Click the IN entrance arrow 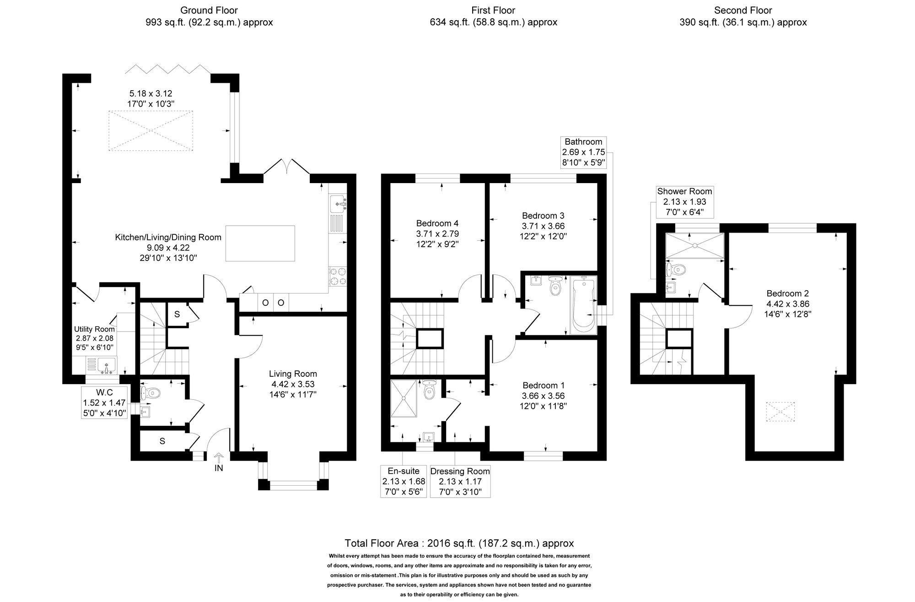[x=219, y=458]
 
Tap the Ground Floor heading [x=209, y=10]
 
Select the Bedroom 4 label [x=437, y=223]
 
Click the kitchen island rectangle [x=260, y=243]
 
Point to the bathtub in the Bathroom [x=582, y=304]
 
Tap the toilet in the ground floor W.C [x=151, y=392]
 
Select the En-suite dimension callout [x=403, y=481]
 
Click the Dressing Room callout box [x=460, y=481]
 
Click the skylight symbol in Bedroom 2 [x=780, y=411]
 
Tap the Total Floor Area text [x=459, y=543]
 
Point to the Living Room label [x=293, y=374]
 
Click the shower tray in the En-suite [x=404, y=398]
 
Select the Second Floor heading [x=743, y=10]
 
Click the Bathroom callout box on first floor [x=583, y=152]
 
